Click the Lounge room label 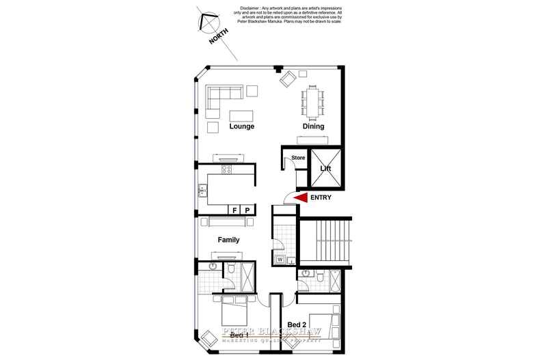click(242, 126)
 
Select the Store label click(298, 158)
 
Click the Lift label click(325, 167)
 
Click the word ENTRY click(321, 198)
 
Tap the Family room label click(228, 240)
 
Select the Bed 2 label click(297, 324)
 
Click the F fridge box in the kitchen click(234, 210)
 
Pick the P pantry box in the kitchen click(247, 210)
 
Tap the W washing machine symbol click(280, 260)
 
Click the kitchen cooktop click(228, 169)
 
